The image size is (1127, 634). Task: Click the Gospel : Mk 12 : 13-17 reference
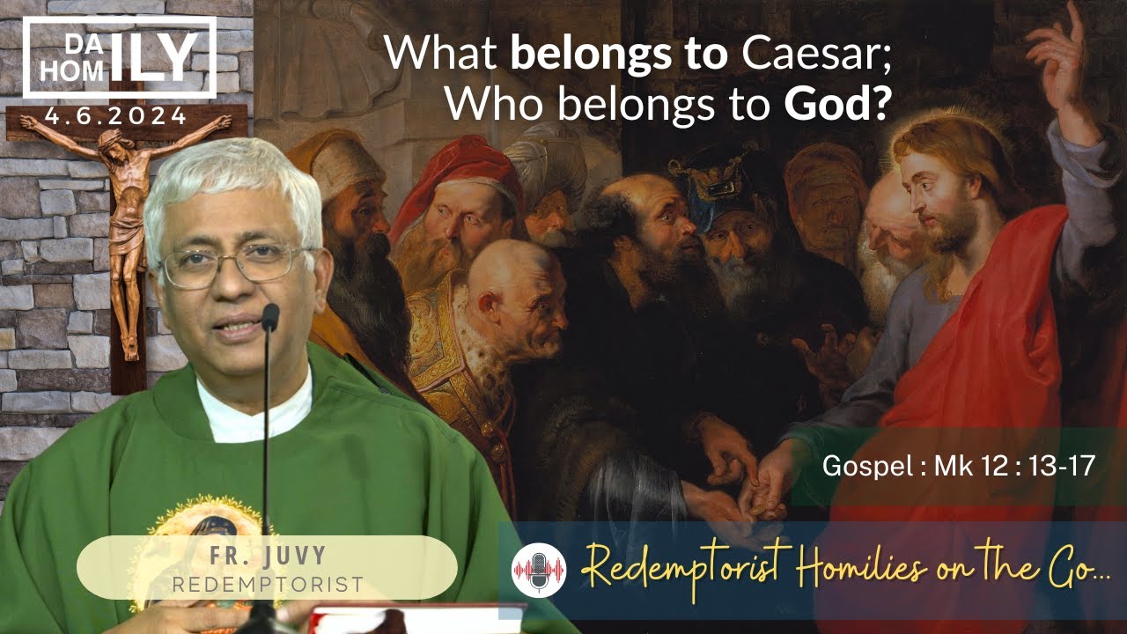[x=958, y=467]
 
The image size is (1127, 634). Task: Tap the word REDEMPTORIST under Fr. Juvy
[x=267, y=584]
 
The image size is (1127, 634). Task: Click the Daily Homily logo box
[x=119, y=56]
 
